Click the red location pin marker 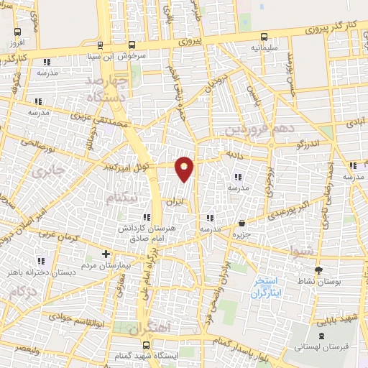pos(185,168)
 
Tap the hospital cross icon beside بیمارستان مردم pos(106,254)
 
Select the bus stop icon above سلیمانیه pos(264,37)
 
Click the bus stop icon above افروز pos(16,31)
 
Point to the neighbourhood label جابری pos(46,170)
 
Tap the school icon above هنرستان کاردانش pos(147,217)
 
